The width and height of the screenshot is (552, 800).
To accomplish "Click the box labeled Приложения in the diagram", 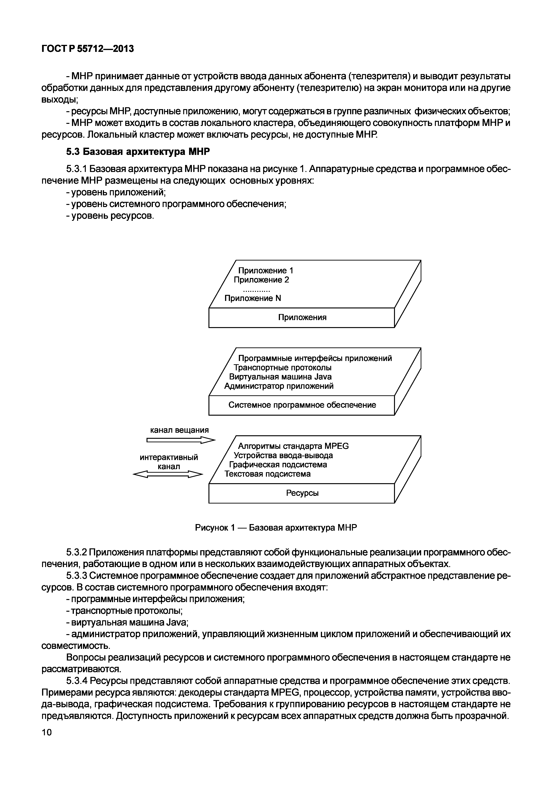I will tap(302, 317).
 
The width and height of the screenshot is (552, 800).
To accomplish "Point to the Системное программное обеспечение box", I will tap(302, 405).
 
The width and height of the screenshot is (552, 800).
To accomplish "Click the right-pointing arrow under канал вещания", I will tap(181, 440).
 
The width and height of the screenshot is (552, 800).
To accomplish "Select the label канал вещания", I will tap(179, 430).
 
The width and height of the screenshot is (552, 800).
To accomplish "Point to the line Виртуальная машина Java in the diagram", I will tap(280, 377).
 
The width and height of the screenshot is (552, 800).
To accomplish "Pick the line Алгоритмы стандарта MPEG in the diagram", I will tap(293, 446).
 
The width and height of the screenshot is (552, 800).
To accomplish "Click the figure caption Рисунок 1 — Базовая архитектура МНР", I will tap(276, 528).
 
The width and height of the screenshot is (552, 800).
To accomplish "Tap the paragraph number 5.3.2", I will tap(78, 553).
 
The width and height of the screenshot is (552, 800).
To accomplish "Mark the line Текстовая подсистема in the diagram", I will tap(267, 474).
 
